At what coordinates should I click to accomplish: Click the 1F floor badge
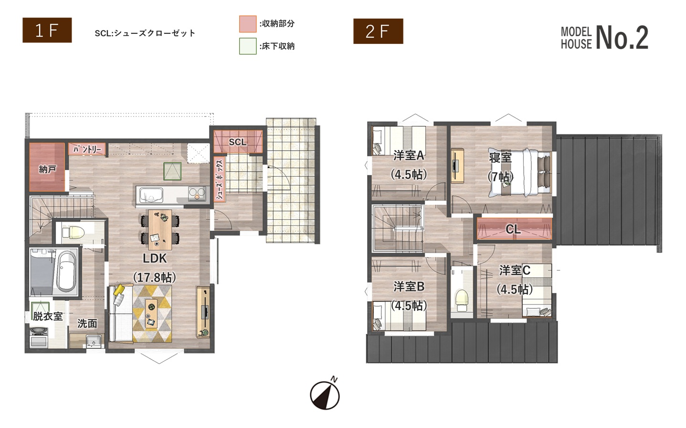pyautogui.click(x=47, y=30)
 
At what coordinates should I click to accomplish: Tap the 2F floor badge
pyautogui.click(x=378, y=31)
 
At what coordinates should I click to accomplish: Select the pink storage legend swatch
pyautogui.click(x=248, y=24)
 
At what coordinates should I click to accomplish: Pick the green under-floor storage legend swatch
pyautogui.click(x=248, y=46)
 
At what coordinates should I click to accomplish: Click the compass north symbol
pyautogui.click(x=325, y=394)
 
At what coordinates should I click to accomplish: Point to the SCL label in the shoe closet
pyautogui.click(x=238, y=142)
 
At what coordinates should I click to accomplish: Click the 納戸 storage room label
pyautogui.click(x=47, y=169)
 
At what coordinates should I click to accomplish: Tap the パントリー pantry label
pyautogui.click(x=87, y=150)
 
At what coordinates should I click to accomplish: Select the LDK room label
pyautogui.click(x=155, y=259)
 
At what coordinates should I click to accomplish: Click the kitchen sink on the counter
pyautogui.click(x=151, y=195)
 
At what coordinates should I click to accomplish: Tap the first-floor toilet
pyautogui.click(x=73, y=232)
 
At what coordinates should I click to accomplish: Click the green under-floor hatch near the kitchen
pyautogui.click(x=172, y=172)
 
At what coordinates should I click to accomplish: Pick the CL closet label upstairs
pyautogui.click(x=513, y=229)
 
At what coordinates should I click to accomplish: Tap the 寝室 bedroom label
pyautogui.click(x=500, y=158)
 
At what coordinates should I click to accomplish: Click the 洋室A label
pyautogui.click(x=409, y=155)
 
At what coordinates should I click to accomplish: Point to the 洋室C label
pyautogui.click(x=515, y=270)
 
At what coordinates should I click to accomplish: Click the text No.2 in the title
pyautogui.click(x=622, y=38)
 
